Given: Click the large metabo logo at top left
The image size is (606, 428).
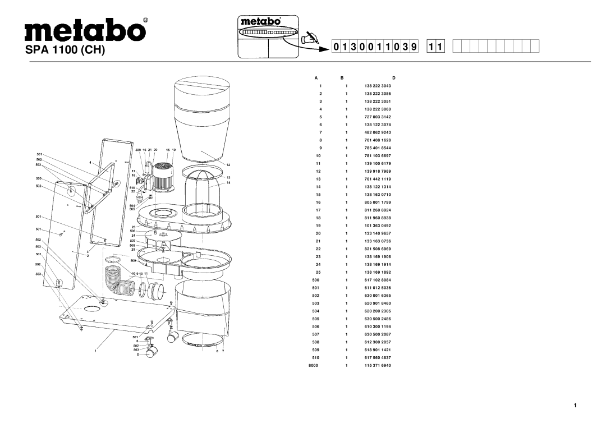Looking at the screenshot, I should [x=85, y=29].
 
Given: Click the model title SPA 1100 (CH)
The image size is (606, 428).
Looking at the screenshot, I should [x=70, y=50].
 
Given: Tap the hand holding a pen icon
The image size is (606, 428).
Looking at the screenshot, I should [x=309, y=38].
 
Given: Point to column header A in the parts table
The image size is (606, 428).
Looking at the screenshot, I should [x=316, y=77].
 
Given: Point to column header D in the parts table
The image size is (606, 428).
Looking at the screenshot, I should [x=394, y=77].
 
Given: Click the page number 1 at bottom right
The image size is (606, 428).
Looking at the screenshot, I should [x=575, y=405].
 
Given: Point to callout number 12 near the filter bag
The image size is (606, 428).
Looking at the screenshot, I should [x=229, y=165].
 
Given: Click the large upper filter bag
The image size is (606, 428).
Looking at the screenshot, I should [x=201, y=115].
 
